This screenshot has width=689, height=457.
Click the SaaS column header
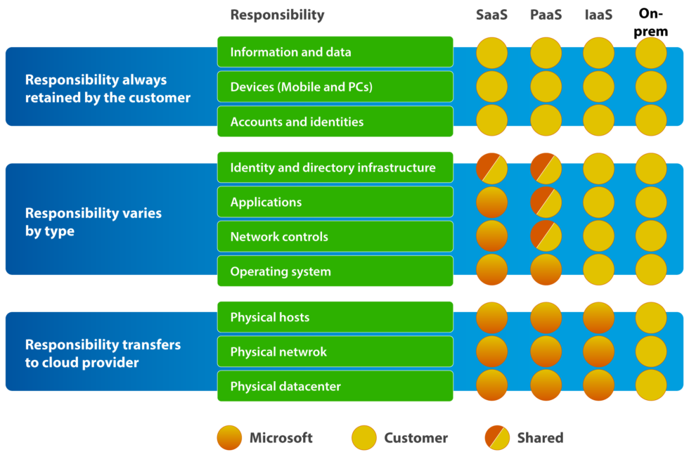[x=491, y=15]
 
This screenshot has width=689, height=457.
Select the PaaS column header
[x=546, y=15]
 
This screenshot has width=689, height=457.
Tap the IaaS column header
[x=598, y=15]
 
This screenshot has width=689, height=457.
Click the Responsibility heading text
[x=277, y=15]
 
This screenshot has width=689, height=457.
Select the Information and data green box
[x=335, y=52]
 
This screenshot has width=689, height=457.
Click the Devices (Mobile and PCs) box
[x=335, y=87]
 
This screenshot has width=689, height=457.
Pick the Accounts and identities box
[x=335, y=122]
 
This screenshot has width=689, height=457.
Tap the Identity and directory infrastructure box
[x=335, y=167]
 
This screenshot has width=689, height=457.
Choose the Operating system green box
[x=335, y=271]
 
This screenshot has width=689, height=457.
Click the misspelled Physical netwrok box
[x=335, y=352]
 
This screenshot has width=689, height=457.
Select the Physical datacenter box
[x=335, y=387]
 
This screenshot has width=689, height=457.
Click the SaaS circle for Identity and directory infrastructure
[x=491, y=168]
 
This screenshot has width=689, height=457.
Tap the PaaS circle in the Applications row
[x=546, y=202]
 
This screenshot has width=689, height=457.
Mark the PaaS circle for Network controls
[x=546, y=237]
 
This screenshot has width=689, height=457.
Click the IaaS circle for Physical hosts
[x=598, y=318]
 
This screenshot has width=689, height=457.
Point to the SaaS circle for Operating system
[x=491, y=271]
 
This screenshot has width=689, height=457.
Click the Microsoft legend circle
[x=229, y=437]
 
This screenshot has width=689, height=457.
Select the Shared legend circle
[x=497, y=437]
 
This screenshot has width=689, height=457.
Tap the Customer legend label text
[x=416, y=438]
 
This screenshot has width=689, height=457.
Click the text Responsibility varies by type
[x=94, y=221]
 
